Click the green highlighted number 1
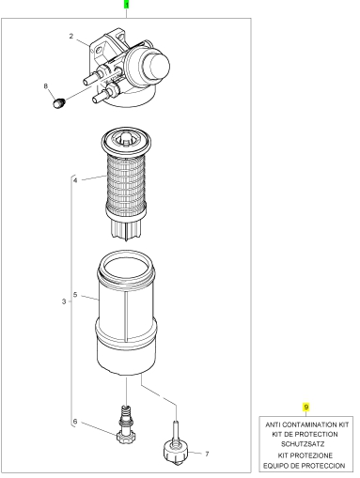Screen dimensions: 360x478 (127, 5)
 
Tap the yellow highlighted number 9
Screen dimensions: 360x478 (306, 407)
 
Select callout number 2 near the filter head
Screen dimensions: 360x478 (71, 37)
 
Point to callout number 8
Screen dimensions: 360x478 (46, 86)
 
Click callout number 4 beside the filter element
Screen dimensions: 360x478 (75, 180)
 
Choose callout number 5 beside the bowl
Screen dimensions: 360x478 (75, 295)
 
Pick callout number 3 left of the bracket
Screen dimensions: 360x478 (64, 301)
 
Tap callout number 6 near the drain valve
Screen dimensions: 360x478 (75, 422)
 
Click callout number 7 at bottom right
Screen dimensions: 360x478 (207, 454)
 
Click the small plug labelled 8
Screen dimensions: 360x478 (58, 103)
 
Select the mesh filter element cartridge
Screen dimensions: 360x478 (126, 183)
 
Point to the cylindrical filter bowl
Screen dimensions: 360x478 (126, 313)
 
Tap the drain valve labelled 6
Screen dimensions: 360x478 (125, 425)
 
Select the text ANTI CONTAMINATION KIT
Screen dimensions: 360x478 (307, 424)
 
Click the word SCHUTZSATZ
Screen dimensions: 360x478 (303, 444)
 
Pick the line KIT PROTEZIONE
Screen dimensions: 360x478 (305, 455)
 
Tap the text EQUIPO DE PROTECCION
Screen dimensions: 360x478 (304, 466)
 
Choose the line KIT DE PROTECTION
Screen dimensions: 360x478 (305, 435)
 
